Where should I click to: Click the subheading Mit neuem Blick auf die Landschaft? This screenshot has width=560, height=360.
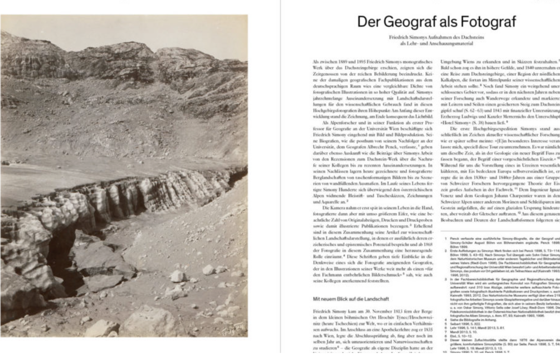(351, 299)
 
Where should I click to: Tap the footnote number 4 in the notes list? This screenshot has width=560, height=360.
(446, 320)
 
